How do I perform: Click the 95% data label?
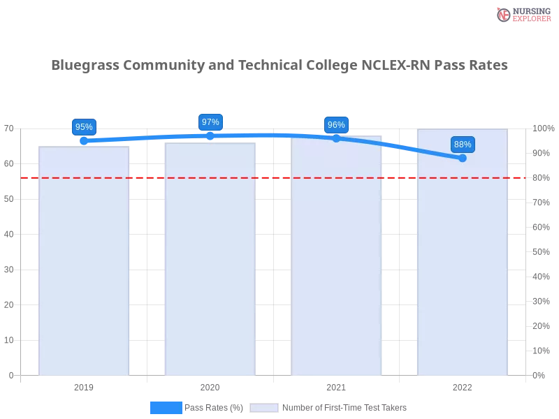(x=84, y=127)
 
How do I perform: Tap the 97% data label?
(x=210, y=122)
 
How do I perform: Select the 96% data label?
(x=336, y=125)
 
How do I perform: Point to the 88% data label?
(x=463, y=145)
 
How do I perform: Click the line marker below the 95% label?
(x=84, y=140)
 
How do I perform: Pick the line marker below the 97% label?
(x=210, y=135)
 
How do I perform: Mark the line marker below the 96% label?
(x=336, y=138)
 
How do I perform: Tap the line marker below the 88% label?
(x=463, y=158)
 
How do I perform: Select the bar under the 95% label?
(x=84, y=265)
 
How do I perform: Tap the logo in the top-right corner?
(x=522, y=14)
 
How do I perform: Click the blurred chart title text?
(x=279, y=66)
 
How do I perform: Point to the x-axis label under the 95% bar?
(x=84, y=385)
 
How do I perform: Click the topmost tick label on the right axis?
(x=542, y=128)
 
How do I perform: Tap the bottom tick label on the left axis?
(x=10, y=375)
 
